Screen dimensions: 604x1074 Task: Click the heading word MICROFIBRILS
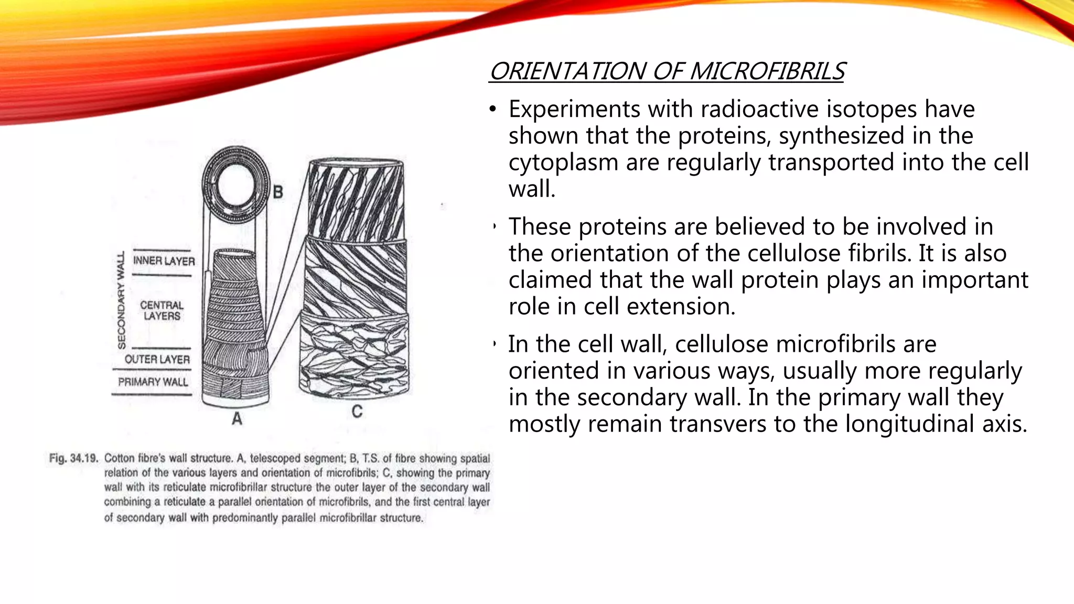[x=767, y=71]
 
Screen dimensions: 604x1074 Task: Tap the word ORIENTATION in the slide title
[x=568, y=71]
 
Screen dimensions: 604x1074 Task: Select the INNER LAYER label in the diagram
[x=164, y=261]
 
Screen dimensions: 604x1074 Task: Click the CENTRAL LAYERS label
[x=162, y=310]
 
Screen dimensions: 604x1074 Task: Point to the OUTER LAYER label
[x=157, y=359]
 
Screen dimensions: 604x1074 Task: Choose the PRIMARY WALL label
[x=153, y=382]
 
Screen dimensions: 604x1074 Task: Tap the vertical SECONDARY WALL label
[x=122, y=300]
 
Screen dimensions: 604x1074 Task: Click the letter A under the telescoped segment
[x=237, y=418]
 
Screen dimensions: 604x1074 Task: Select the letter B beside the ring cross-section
[x=278, y=192]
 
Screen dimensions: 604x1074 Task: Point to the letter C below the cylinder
[x=357, y=412]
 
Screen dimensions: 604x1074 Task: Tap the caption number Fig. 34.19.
[x=73, y=458]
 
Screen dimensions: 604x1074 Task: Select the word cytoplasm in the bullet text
[x=563, y=163]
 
